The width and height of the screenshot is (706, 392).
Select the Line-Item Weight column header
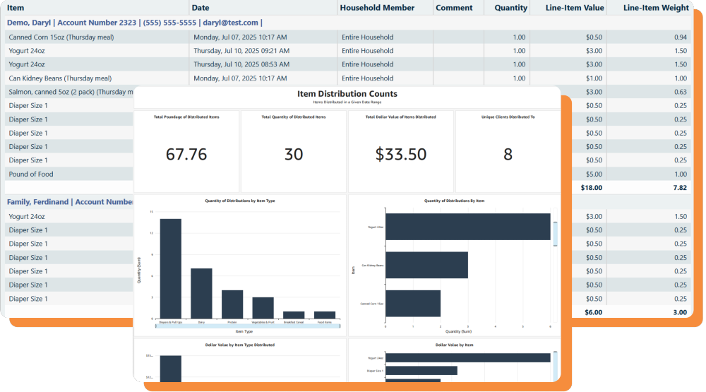(x=657, y=8)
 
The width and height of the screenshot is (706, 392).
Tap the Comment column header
(x=454, y=8)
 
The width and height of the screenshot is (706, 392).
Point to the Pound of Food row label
(x=31, y=174)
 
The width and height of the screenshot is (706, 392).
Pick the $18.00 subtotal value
(x=591, y=188)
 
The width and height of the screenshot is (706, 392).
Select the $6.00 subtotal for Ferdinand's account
(x=593, y=312)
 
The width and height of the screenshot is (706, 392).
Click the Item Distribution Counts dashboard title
(x=347, y=93)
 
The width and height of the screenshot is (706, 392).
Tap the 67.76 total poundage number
(x=186, y=154)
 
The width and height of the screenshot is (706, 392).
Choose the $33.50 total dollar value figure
(x=400, y=154)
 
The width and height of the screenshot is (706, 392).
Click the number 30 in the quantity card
(x=294, y=154)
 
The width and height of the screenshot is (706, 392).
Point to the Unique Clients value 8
(x=508, y=154)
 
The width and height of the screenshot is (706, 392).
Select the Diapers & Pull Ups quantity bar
(x=170, y=268)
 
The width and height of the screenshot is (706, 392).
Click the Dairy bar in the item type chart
(x=201, y=293)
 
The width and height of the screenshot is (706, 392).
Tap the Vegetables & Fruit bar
(x=263, y=307)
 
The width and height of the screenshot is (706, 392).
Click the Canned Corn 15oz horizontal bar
(x=413, y=304)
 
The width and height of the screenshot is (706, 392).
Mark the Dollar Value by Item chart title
(x=454, y=345)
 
